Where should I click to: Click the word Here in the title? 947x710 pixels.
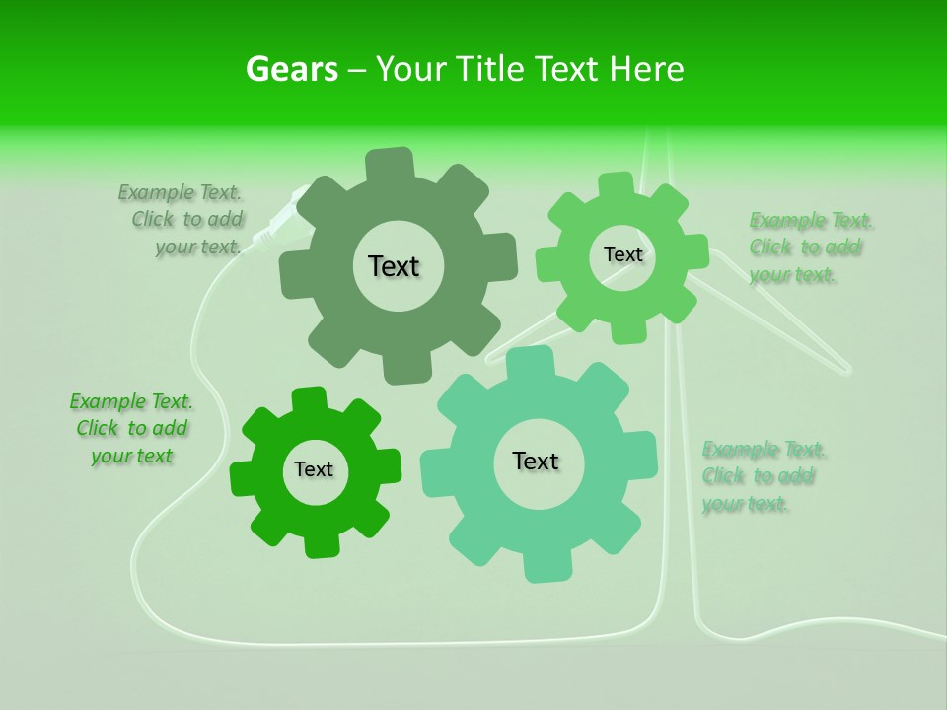click(645, 69)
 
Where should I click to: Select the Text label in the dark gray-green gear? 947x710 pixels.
click(394, 266)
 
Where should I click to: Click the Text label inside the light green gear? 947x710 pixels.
click(622, 254)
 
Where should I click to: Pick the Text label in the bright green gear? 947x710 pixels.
click(314, 469)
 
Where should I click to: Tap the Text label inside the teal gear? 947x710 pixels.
click(536, 461)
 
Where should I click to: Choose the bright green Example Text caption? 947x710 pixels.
click(131, 429)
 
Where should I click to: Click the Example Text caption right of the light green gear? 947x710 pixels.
click(809, 248)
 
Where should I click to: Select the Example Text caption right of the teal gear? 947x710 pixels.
click(762, 477)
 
